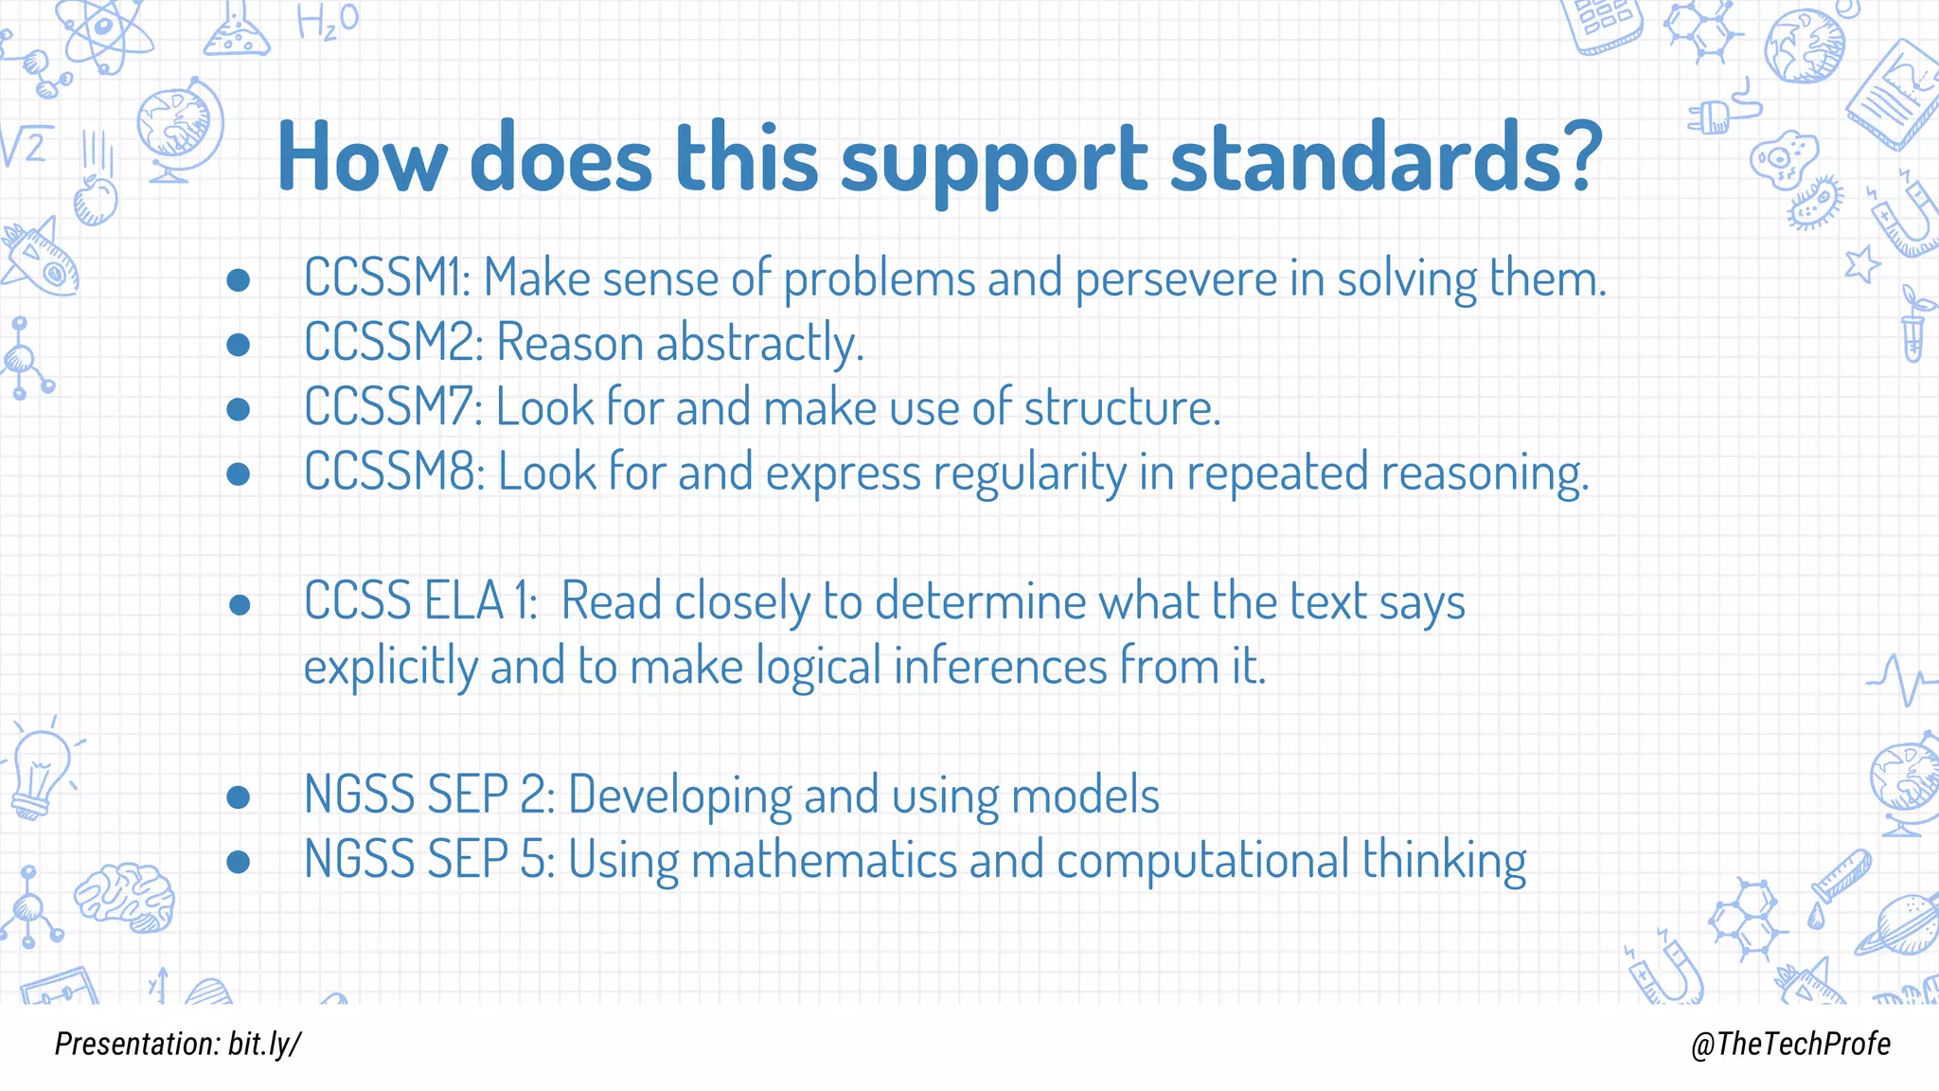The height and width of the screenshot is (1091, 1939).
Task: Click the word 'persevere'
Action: click(x=1176, y=279)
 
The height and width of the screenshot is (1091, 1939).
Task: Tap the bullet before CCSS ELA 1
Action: click(x=239, y=604)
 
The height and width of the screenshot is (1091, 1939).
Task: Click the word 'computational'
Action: click(x=1202, y=860)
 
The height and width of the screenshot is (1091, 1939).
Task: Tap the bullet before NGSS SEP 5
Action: click(x=239, y=861)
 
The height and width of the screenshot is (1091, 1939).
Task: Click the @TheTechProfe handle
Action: click(x=1789, y=1044)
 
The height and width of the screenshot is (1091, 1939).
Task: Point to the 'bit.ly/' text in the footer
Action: click(x=265, y=1044)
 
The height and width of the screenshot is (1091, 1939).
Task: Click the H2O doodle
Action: click(x=327, y=21)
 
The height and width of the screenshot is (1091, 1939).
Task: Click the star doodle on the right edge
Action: click(x=1862, y=263)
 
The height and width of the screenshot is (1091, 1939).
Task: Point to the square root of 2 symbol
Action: click(x=24, y=147)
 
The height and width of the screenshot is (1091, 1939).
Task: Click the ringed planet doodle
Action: click(x=1898, y=923)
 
